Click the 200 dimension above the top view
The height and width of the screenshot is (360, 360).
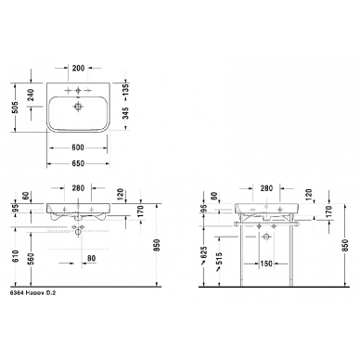point(78,68)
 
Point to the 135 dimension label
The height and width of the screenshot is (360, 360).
point(125,90)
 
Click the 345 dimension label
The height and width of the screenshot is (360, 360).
point(125,113)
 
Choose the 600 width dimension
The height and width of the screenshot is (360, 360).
point(78,148)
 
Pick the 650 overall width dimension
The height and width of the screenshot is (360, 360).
point(78,163)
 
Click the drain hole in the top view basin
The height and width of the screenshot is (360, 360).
point(78,107)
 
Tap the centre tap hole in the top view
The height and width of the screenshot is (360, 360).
point(78,90)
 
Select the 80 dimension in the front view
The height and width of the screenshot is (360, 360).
point(91,258)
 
